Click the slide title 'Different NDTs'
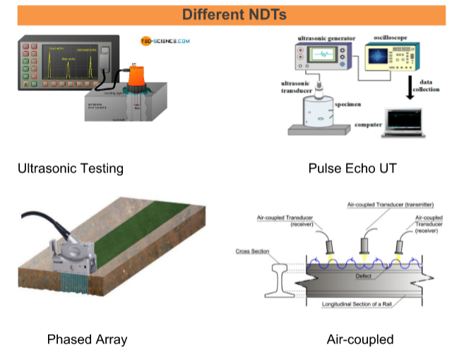pyautogui.click(x=232, y=15)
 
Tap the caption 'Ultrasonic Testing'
pyautogui.click(x=71, y=169)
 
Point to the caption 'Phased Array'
pyautogui.click(x=87, y=340)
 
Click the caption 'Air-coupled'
pyautogui.click(x=359, y=340)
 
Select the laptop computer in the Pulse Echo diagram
pyautogui.click(x=404, y=121)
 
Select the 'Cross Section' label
pyautogui.click(x=252, y=250)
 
